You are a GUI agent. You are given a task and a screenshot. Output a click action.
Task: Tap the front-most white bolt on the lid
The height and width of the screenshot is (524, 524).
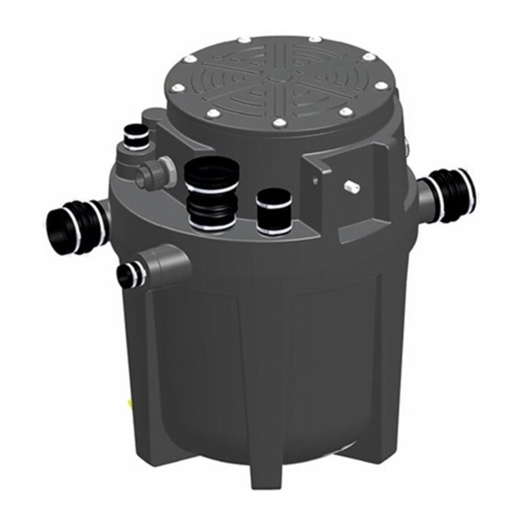tap(278, 123)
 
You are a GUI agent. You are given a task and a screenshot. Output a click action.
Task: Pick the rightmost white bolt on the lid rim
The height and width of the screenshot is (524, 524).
tap(381, 85)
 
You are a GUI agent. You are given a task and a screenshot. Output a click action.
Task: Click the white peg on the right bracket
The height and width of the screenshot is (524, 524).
tap(352, 187)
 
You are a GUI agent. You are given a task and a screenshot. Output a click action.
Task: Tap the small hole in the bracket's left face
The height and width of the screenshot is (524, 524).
tap(315, 178)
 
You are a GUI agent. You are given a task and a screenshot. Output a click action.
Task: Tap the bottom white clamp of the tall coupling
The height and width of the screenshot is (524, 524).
tap(212, 226)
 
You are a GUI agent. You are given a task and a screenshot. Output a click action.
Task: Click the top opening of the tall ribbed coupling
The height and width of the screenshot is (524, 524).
tap(212, 169)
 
